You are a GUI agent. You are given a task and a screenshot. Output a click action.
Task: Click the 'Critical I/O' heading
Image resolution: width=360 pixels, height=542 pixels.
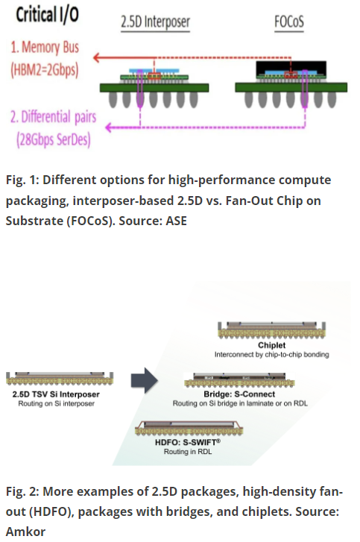point(48,15)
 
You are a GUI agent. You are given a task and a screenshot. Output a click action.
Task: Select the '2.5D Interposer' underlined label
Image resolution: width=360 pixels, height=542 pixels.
point(155,22)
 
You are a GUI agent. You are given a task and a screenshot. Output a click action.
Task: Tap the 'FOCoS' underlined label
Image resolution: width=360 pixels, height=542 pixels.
point(289,22)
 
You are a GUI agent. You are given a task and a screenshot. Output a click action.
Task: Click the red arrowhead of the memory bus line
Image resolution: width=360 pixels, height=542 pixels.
point(97,57)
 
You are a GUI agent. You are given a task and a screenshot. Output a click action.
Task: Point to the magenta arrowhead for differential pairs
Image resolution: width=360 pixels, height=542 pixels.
point(109,127)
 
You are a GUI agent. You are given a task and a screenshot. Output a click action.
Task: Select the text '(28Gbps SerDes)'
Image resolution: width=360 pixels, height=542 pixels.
point(54,139)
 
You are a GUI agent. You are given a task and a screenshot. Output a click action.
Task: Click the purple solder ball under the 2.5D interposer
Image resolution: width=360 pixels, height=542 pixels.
point(140,99)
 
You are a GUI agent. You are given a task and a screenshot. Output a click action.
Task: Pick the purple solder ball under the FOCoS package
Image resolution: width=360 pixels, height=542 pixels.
point(304,99)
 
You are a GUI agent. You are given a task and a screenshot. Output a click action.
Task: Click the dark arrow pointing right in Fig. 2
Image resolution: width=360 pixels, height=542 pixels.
point(145,380)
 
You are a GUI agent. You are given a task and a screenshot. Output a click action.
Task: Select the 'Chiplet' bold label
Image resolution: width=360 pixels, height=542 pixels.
point(271,345)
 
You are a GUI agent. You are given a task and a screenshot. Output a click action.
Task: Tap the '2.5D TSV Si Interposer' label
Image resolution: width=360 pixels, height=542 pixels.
point(56,394)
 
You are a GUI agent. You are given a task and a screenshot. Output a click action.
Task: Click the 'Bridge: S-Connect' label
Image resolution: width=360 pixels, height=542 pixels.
point(239,394)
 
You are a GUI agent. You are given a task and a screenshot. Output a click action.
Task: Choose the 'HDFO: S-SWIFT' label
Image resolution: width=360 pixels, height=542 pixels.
point(188,442)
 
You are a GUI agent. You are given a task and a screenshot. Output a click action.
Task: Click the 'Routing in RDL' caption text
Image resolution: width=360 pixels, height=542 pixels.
point(188,452)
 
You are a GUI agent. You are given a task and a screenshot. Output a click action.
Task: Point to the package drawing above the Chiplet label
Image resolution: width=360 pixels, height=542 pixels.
point(271,330)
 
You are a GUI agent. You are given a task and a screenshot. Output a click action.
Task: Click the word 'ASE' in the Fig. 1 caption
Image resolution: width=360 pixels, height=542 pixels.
point(176,221)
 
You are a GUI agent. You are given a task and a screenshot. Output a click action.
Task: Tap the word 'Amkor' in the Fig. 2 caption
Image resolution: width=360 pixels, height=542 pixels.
point(25,532)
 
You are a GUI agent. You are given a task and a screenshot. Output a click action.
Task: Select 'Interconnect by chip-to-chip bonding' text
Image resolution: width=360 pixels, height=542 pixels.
point(271,354)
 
